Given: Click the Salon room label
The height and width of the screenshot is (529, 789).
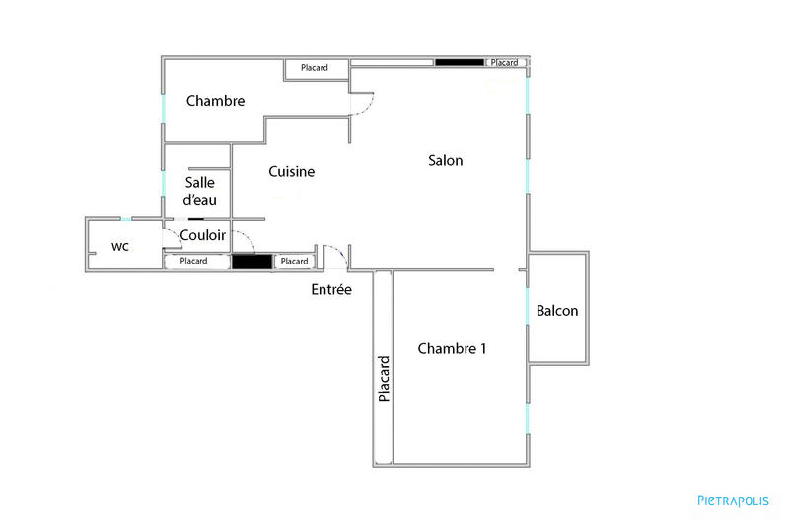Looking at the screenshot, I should coord(445,160).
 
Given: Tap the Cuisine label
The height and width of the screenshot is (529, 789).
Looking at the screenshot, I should coord(291,172).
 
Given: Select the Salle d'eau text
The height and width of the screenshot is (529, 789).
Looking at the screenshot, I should coord(207,190).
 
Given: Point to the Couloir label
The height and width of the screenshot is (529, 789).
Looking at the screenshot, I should coord(203,236).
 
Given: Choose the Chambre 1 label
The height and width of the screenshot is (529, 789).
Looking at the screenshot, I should coord(452,348).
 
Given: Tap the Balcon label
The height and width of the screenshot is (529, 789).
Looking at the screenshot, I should coord(557,311).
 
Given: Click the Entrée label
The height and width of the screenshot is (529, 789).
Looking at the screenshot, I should coord(331,289).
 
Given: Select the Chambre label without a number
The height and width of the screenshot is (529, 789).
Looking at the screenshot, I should coord(215,101).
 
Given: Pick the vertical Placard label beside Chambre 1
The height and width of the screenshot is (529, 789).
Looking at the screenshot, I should coord(384,377).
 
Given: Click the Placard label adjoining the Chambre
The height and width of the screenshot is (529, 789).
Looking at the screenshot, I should coord(315,68).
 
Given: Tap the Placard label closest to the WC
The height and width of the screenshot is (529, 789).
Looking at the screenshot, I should coord(193,261).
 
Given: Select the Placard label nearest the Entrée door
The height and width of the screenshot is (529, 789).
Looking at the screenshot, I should coord(293,261).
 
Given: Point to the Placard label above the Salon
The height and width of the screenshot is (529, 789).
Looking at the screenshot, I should coord(504,63).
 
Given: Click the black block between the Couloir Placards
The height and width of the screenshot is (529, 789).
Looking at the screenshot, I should coord(251,262).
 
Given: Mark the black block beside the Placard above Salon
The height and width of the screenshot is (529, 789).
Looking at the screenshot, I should coord(460,63).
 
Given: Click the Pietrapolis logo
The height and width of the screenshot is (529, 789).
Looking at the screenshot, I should coord(733,501).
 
